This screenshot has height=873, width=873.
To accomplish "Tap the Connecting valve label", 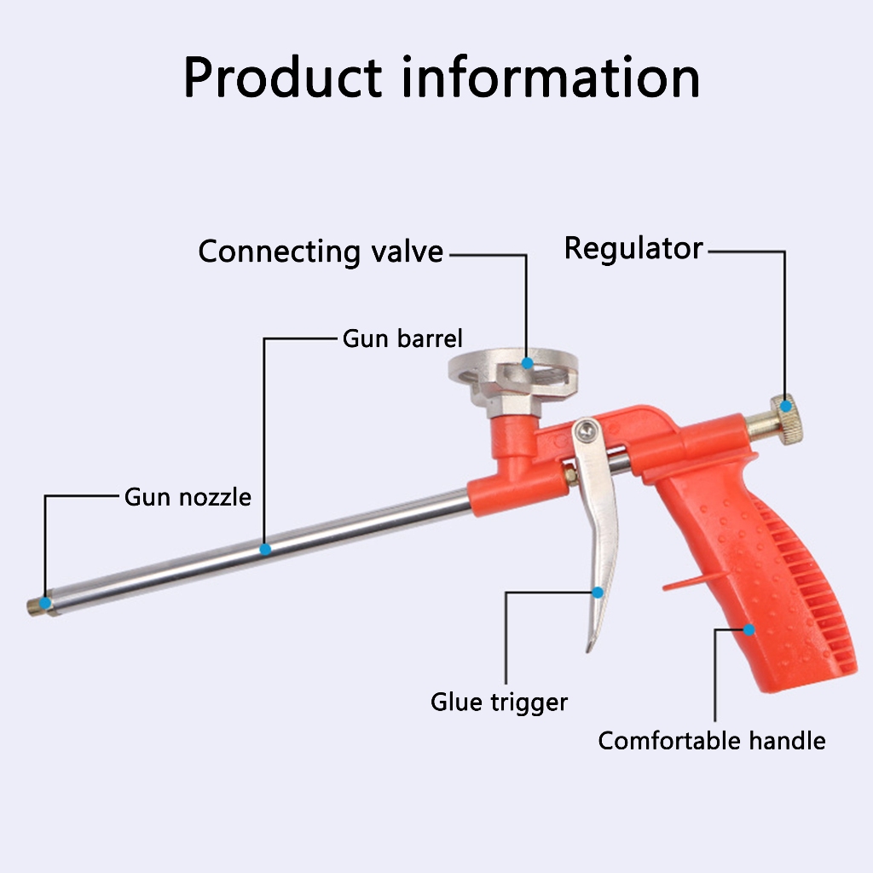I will (x=321, y=251).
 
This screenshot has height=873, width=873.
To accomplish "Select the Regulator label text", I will (x=633, y=248).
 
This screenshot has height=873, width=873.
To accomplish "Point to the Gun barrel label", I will (x=402, y=338).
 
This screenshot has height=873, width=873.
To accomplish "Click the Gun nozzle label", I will (x=188, y=496).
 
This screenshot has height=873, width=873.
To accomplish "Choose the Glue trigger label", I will (x=499, y=702).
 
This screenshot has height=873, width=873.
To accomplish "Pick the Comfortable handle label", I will (x=711, y=740).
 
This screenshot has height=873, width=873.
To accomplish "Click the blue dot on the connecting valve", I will (x=528, y=363).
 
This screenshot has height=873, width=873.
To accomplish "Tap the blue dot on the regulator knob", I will (x=785, y=406).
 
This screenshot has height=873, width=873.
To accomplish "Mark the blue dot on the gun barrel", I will (x=265, y=549).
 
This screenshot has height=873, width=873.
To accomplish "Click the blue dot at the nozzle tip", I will (x=45, y=604).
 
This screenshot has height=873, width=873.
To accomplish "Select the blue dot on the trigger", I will (x=598, y=592).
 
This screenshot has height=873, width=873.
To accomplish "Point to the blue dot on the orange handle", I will (x=749, y=630).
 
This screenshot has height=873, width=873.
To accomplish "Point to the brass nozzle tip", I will (x=36, y=606).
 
